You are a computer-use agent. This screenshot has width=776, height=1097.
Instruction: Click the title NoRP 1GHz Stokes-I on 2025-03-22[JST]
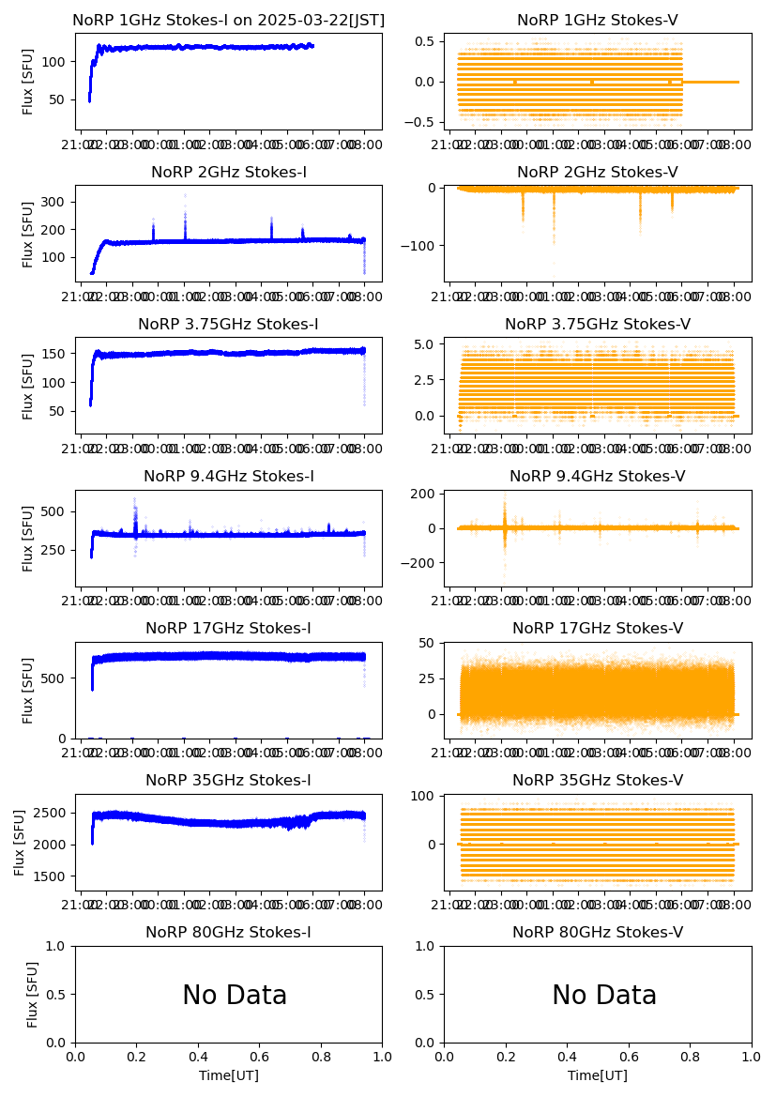point(228,20)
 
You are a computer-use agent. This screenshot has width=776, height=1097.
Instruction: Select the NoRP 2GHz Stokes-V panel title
point(597,172)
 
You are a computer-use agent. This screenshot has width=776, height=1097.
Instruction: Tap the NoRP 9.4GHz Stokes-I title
point(228,476)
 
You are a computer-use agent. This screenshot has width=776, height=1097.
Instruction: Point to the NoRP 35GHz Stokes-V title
point(597,780)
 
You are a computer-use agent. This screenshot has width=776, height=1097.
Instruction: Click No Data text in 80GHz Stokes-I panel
point(235,995)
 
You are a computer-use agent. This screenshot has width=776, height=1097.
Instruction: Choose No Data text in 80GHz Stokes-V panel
point(604,995)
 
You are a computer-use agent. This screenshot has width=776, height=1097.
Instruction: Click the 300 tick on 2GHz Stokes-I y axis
point(53,202)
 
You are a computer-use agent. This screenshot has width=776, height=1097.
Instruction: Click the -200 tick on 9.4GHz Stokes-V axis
point(423,563)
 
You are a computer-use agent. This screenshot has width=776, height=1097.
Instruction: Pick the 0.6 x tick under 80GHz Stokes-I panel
point(259,1058)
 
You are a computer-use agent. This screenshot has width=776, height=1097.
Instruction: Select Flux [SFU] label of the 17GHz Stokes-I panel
point(28,690)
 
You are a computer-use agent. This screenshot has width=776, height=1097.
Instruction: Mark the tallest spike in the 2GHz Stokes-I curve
point(185,196)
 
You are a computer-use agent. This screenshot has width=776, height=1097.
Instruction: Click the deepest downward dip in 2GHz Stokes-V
point(554,242)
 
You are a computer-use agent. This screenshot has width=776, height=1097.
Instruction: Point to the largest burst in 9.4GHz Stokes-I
point(134,499)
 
